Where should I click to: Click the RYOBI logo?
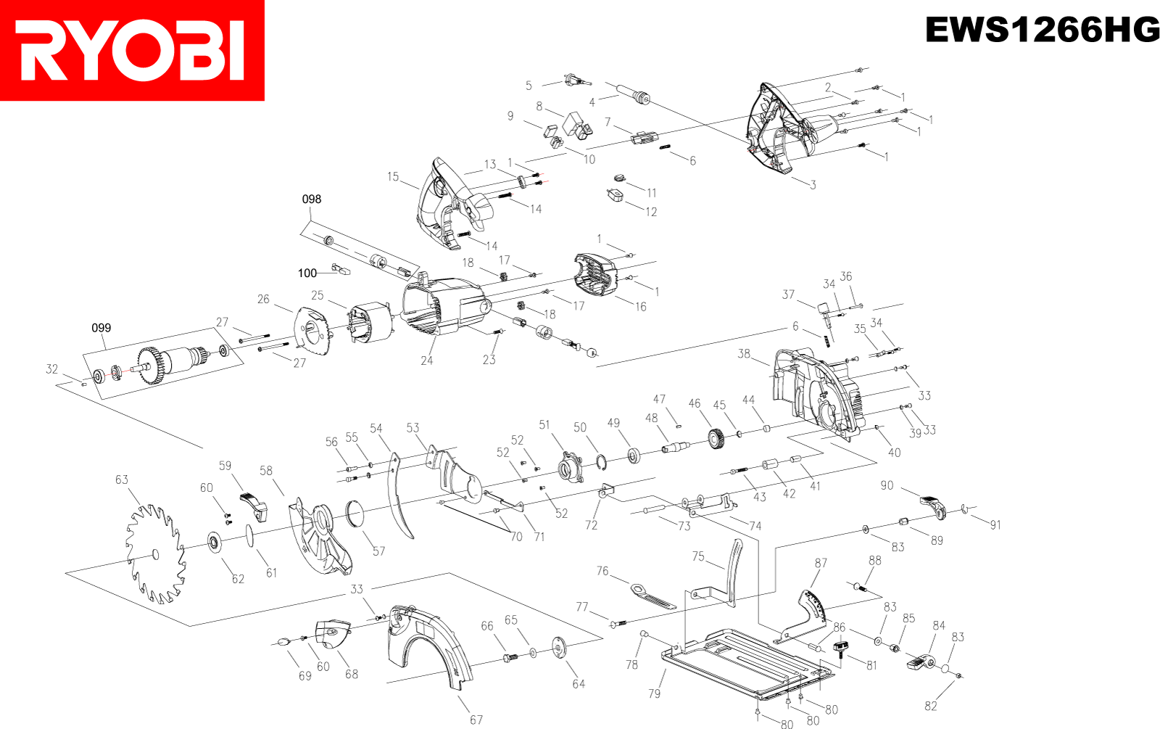coord(132,50)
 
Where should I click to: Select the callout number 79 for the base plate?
coord(654,694)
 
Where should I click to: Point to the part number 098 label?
coord(312,199)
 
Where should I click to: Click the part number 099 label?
coord(101,329)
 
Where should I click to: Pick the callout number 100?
coord(307,273)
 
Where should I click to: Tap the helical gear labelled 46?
coord(716,440)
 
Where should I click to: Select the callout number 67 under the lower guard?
coord(476,720)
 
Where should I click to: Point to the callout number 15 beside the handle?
coord(393,177)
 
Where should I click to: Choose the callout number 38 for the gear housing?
coord(744,354)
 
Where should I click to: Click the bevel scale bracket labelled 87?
coord(812,609)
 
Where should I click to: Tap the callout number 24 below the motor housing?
coord(427,361)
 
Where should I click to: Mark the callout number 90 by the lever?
coord(887,486)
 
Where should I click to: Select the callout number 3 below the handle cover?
coord(813,185)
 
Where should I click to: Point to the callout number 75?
coord(698,556)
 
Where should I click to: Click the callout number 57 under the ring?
coord(378,551)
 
